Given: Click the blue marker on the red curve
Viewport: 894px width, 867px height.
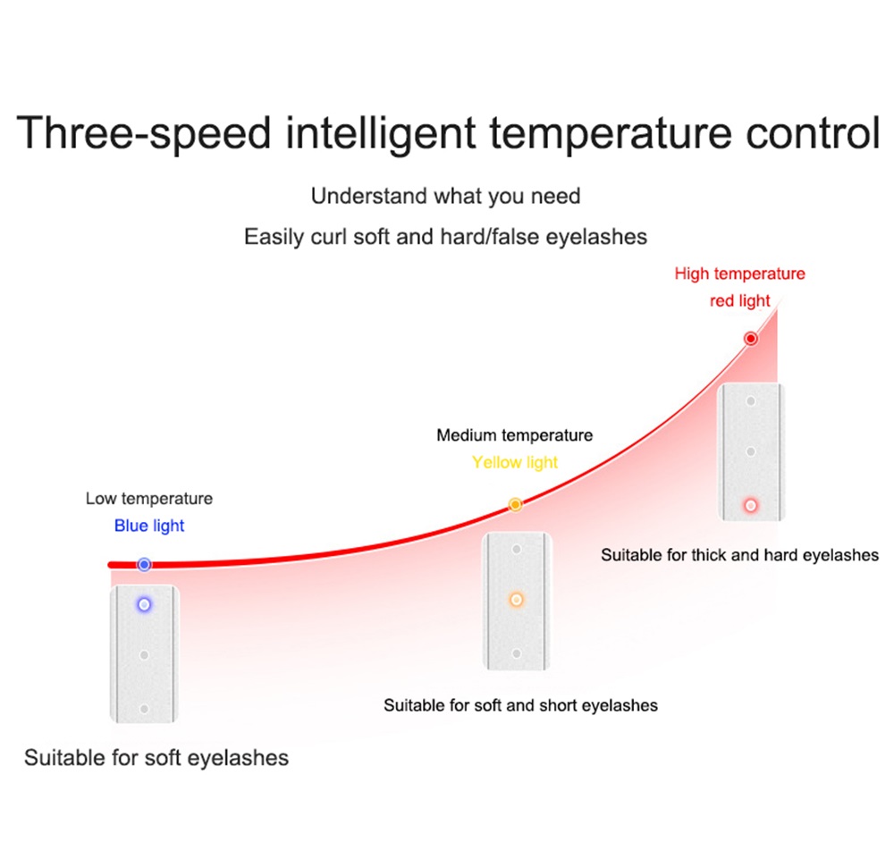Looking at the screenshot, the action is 144,564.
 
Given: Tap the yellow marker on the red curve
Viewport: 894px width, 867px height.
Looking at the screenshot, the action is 516,504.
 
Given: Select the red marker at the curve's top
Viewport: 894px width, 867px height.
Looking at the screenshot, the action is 751,339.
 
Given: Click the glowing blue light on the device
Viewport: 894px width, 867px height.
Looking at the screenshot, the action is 144,604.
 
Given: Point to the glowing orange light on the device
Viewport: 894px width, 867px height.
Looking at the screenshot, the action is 517,600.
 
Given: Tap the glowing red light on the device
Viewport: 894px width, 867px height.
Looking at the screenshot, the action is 751,506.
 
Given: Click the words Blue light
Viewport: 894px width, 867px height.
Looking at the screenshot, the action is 149,526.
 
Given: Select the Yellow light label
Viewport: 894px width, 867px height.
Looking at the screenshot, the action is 515,462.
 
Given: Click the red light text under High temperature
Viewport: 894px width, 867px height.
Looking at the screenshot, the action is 740,300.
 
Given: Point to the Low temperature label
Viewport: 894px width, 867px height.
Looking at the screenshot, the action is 149,498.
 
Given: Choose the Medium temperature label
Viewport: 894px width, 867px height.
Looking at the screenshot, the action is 515,435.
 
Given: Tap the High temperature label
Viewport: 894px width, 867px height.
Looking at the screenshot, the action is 740,274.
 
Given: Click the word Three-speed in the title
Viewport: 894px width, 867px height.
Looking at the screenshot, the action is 144,134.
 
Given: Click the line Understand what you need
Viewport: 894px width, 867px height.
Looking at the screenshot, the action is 446,196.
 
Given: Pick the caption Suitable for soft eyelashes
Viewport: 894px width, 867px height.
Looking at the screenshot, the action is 156,758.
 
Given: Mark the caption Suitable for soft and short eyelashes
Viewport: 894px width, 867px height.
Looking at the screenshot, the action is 520,706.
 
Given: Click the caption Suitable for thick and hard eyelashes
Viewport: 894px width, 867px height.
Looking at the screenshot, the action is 740,555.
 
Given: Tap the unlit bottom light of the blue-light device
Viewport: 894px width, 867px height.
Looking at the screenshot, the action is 144,709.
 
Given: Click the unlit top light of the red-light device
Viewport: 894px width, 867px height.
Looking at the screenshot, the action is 751,401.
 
